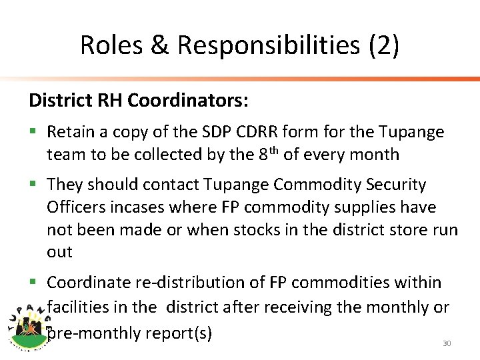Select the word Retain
[72, 132]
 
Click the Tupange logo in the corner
[28, 326]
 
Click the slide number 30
[447, 343]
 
